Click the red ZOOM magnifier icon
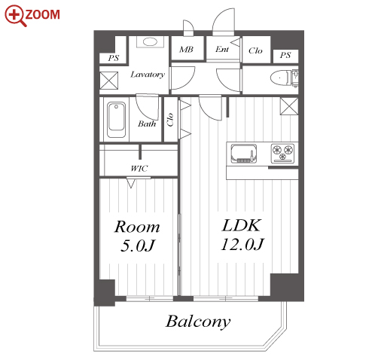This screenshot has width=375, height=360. tap(15, 15)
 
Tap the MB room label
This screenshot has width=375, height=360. tap(186, 50)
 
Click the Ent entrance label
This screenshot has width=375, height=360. tap(222, 49)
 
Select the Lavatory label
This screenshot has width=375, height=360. tap(148, 75)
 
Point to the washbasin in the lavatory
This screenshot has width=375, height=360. tap(150, 41)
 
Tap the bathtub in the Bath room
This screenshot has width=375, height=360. tap(116, 120)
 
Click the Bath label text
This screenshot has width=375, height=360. tap(147, 124)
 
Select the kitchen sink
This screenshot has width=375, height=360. tap(244, 153)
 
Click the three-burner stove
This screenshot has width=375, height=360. tap(282, 153)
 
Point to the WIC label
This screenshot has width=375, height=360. tap(139, 169)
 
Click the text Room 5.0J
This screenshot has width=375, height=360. tap(137, 236)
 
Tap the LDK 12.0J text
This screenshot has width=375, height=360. tap(242, 235)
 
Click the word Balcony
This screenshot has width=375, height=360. tap(198, 322)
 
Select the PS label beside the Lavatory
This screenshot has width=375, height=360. tap(114, 58)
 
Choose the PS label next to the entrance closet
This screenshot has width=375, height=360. tap(285, 55)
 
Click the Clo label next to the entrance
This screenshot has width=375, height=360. tap(255, 50)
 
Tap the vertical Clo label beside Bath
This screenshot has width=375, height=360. tap(170, 120)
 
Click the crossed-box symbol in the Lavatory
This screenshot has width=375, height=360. tap(109, 81)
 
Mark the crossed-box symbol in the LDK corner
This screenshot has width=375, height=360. tap(289, 106)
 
